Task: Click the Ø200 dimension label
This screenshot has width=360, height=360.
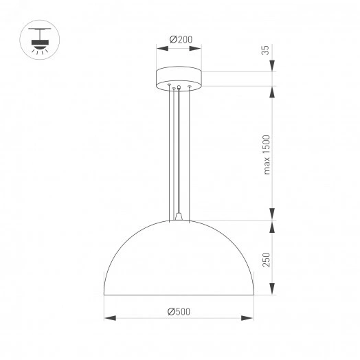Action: tap(180, 39)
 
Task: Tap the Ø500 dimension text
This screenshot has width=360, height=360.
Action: tap(179, 311)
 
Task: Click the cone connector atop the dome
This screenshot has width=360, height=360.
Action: tap(179, 216)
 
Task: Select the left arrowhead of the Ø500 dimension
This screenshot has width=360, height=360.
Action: tap(108, 318)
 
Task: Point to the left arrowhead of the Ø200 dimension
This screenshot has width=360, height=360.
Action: tap(160, 48)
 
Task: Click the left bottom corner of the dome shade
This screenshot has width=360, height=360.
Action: tap(104, 295)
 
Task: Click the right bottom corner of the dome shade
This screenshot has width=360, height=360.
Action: tap(254, 295)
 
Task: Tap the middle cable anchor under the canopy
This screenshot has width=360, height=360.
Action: tap(179, 87)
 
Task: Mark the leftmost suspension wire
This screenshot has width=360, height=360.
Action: tap(169, 151)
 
